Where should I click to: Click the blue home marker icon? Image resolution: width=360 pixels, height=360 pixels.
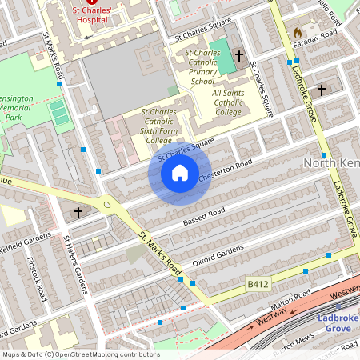tap(180, 173)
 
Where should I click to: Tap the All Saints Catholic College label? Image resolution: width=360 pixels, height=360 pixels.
tap(238, 102)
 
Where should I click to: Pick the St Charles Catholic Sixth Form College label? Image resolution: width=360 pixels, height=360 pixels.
tap(158, 126)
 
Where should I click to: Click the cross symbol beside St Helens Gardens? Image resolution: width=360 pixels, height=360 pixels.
tap(78, 213)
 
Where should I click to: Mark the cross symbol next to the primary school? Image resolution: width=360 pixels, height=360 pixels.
tap(239, 56)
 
